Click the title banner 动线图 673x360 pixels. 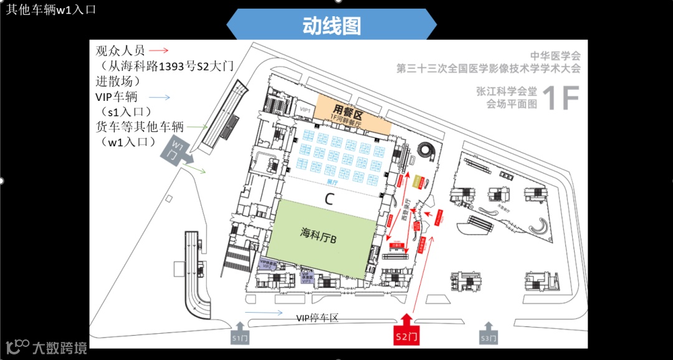pos(332,26)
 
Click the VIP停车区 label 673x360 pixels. pos(317,318)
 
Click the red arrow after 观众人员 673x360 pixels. pos(159,50)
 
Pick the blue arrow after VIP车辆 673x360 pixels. pos(160,97)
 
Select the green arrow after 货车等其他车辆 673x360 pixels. pos(198,126)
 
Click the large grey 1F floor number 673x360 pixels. pos(560,98)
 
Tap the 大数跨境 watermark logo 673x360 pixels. pos(47,346)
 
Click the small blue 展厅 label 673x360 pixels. pos(331,182)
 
